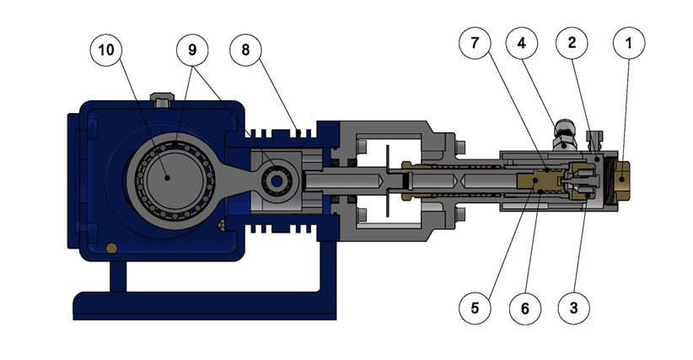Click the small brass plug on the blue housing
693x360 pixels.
(x=112, y=247)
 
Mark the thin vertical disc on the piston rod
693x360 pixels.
(x=384, y=180)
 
